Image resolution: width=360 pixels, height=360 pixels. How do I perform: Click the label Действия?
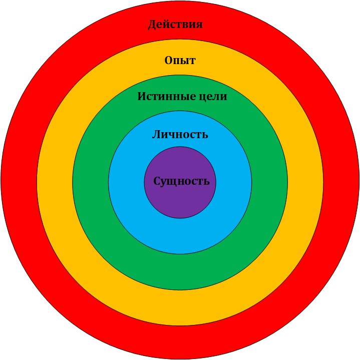(x=175, y=24)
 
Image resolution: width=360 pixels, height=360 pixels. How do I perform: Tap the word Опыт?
(x=180, y=61)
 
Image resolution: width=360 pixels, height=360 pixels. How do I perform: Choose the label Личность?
(x=180, y=135)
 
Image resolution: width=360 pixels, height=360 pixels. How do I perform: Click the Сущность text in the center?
(x=181, y=181)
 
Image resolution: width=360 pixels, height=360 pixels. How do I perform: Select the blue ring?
(x=180, y=235)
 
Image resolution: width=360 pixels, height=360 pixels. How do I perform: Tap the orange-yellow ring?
(x=180, y=307)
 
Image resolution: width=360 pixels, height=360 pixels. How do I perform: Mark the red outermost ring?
(x=180, y=342)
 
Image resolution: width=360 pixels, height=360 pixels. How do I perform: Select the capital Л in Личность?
(x=156, y=135)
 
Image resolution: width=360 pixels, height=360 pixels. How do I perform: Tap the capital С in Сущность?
(x=157, y=181)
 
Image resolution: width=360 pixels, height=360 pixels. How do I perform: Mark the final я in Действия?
(x=199, y=25)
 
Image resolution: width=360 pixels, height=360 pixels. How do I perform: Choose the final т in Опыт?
(x=192, y=61)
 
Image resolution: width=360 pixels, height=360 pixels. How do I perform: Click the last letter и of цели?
(x=223, y=97)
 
